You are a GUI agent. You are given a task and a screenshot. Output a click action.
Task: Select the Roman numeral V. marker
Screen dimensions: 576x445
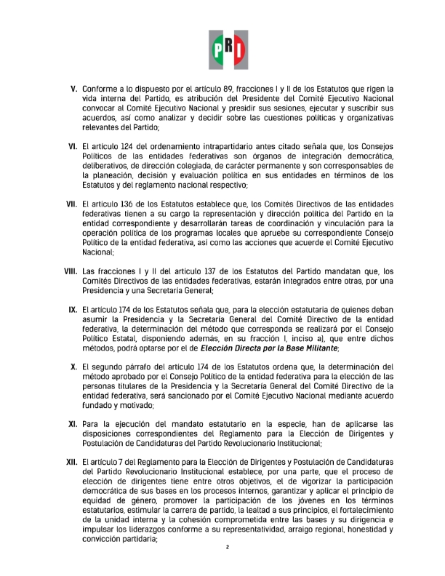(x=74, y=89)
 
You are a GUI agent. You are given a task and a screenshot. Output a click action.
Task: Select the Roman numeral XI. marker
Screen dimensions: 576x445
(x=73, y=424)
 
